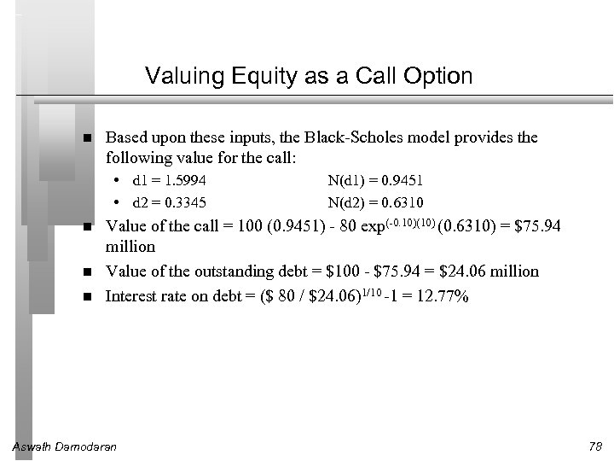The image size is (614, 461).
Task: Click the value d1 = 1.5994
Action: click(170, 180)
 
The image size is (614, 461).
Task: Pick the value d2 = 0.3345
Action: click(170, 202)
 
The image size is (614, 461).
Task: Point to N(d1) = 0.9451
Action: click(376, 180)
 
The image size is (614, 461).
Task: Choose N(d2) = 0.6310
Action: click(376, 202)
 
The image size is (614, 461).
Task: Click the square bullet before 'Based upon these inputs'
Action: click(88, 138)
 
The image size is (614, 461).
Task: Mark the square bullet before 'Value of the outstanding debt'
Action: click(88, 272)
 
